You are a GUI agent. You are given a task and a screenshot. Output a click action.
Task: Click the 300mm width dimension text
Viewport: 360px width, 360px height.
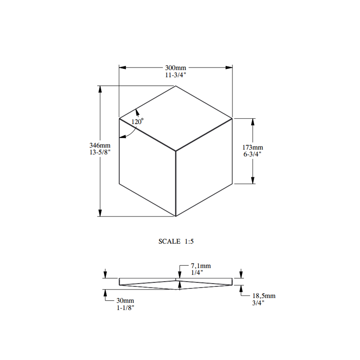(176, 68)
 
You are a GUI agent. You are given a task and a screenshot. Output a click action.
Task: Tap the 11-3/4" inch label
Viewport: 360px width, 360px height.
(175, 75)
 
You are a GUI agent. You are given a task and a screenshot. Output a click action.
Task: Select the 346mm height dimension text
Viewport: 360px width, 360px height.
(100, 145)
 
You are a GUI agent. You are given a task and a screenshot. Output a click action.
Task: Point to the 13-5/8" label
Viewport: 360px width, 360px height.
(100, 152)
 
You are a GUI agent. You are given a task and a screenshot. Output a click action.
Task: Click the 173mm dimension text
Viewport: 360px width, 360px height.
(253, 147)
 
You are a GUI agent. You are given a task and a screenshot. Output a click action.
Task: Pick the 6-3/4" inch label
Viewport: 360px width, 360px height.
(252, 154)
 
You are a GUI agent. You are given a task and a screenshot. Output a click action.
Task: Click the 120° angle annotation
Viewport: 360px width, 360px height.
(138, 121)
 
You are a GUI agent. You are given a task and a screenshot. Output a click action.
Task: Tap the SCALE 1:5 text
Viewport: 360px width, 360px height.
(176, 241)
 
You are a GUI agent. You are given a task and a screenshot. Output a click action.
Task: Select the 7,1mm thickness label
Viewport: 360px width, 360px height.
(201, 266)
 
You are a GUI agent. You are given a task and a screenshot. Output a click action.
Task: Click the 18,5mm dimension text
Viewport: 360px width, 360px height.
(264, 296)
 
